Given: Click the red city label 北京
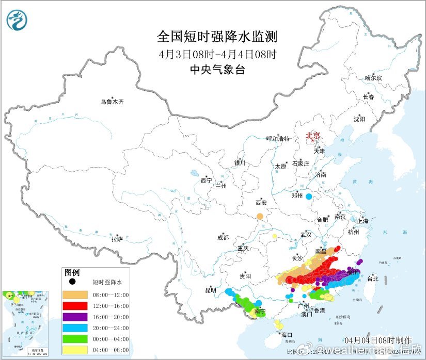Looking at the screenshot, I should click(x=313, y=136).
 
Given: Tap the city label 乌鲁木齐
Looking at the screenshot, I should click(x=112, y=102).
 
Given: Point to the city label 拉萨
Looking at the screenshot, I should click(x=117, y=239).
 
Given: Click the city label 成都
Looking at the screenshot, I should click(x=223, y=238).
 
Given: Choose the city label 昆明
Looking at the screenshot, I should click(x=210, y=290).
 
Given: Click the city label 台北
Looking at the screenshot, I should click(x=372, y=279).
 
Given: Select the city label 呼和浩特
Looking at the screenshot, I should click(x=278, y=139).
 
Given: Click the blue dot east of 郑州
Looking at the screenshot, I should click(x=309, y=197).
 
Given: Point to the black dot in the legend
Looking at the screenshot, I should click(x=73, y=282).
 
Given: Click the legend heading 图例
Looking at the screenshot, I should click(x=72, y=272).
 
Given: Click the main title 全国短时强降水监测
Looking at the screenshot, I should click(x=217, y=37).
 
